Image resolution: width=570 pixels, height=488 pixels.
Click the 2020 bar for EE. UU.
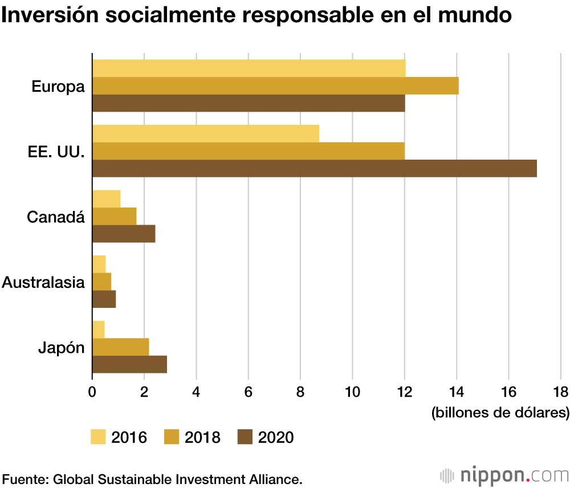[314, 168]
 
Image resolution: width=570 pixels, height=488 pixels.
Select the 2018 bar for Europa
[275, 86]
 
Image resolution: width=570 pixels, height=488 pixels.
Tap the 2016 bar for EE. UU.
[206, 133]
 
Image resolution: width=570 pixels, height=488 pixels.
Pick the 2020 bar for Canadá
[124, 234]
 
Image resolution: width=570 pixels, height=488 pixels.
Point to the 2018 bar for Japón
[120, 347]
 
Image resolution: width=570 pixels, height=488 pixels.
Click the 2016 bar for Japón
[98, 330]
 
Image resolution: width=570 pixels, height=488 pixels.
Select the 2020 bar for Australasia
[104, 299]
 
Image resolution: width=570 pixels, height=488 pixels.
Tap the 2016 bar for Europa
[249, 68]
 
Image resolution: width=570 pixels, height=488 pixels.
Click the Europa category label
[58, 87]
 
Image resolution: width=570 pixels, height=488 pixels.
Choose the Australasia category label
[43, 282]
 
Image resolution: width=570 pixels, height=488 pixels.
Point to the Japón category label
[61, 347]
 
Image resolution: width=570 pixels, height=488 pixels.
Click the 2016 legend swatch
[99, 437]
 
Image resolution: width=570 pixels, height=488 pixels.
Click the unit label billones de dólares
[500, 412]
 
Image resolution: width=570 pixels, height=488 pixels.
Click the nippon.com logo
[504, 474]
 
